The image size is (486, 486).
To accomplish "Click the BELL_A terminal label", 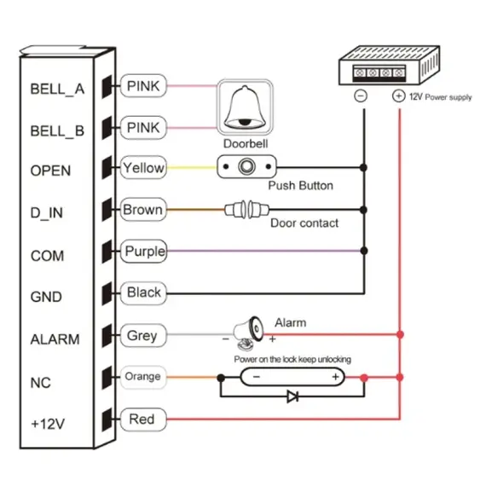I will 57,88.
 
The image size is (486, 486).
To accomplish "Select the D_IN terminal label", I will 47,213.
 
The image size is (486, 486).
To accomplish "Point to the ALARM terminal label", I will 55,339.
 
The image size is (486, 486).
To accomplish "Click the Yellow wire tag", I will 143,168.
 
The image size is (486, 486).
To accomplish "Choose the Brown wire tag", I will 143,209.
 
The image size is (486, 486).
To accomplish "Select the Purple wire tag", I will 144,252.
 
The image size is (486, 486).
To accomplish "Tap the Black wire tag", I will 143,292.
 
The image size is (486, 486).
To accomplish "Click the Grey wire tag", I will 142,335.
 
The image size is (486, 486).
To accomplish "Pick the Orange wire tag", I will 142,376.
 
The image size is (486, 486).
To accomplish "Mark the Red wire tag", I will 142,419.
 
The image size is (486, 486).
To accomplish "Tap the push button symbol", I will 249,167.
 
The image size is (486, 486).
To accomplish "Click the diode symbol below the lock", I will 292,396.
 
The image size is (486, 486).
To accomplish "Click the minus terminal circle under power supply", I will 362,96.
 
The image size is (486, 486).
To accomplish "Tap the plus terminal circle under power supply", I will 398,96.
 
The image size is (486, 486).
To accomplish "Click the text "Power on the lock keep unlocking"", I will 292,359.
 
